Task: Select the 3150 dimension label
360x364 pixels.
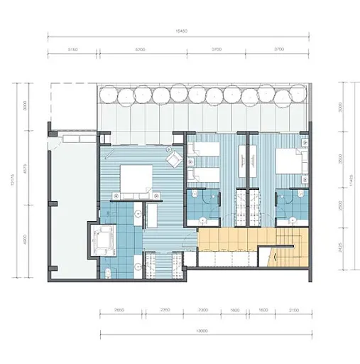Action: (x=72, y=49)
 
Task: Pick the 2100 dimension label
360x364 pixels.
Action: (x=293, y=311)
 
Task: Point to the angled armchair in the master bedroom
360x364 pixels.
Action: (x=173, y=159)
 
